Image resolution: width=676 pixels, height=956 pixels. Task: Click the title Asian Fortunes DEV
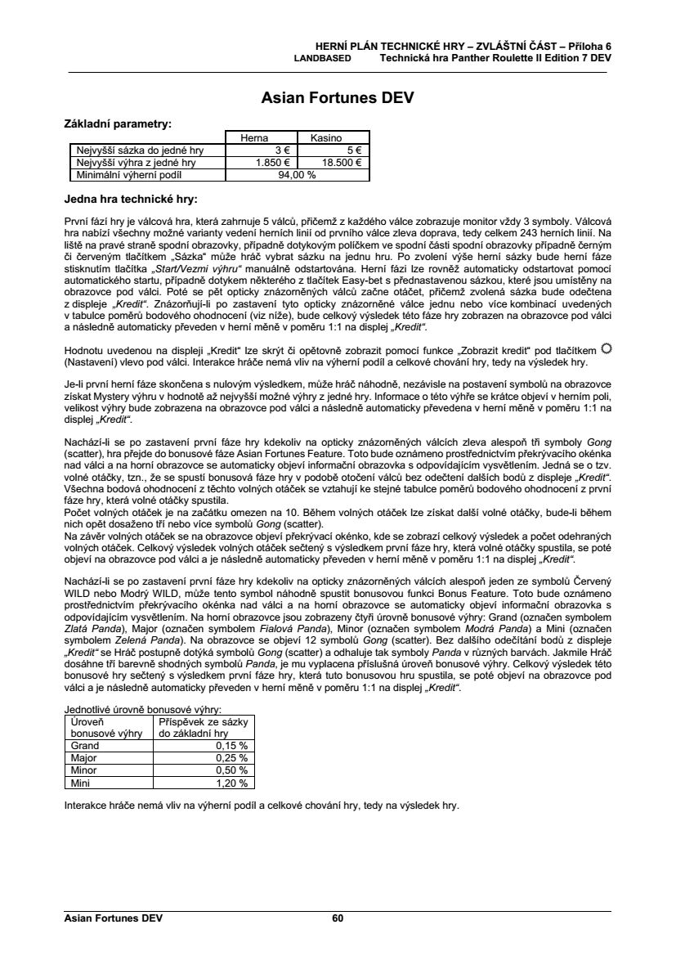click(x=338, y=98)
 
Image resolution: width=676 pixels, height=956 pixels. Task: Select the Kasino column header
click(x=332, y=139)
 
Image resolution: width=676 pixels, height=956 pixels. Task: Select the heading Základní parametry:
click(x=118, y=124)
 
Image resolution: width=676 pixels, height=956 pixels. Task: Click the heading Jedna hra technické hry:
click(x=131, y=199)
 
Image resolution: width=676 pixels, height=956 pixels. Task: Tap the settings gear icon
click(x=606, y=349)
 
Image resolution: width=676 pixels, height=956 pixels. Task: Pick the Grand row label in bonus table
click(x=86, y=745)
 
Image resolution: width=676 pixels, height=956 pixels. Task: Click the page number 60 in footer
click(x=338, y=918)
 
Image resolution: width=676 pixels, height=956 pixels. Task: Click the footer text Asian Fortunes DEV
click(x=114, y=918)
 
